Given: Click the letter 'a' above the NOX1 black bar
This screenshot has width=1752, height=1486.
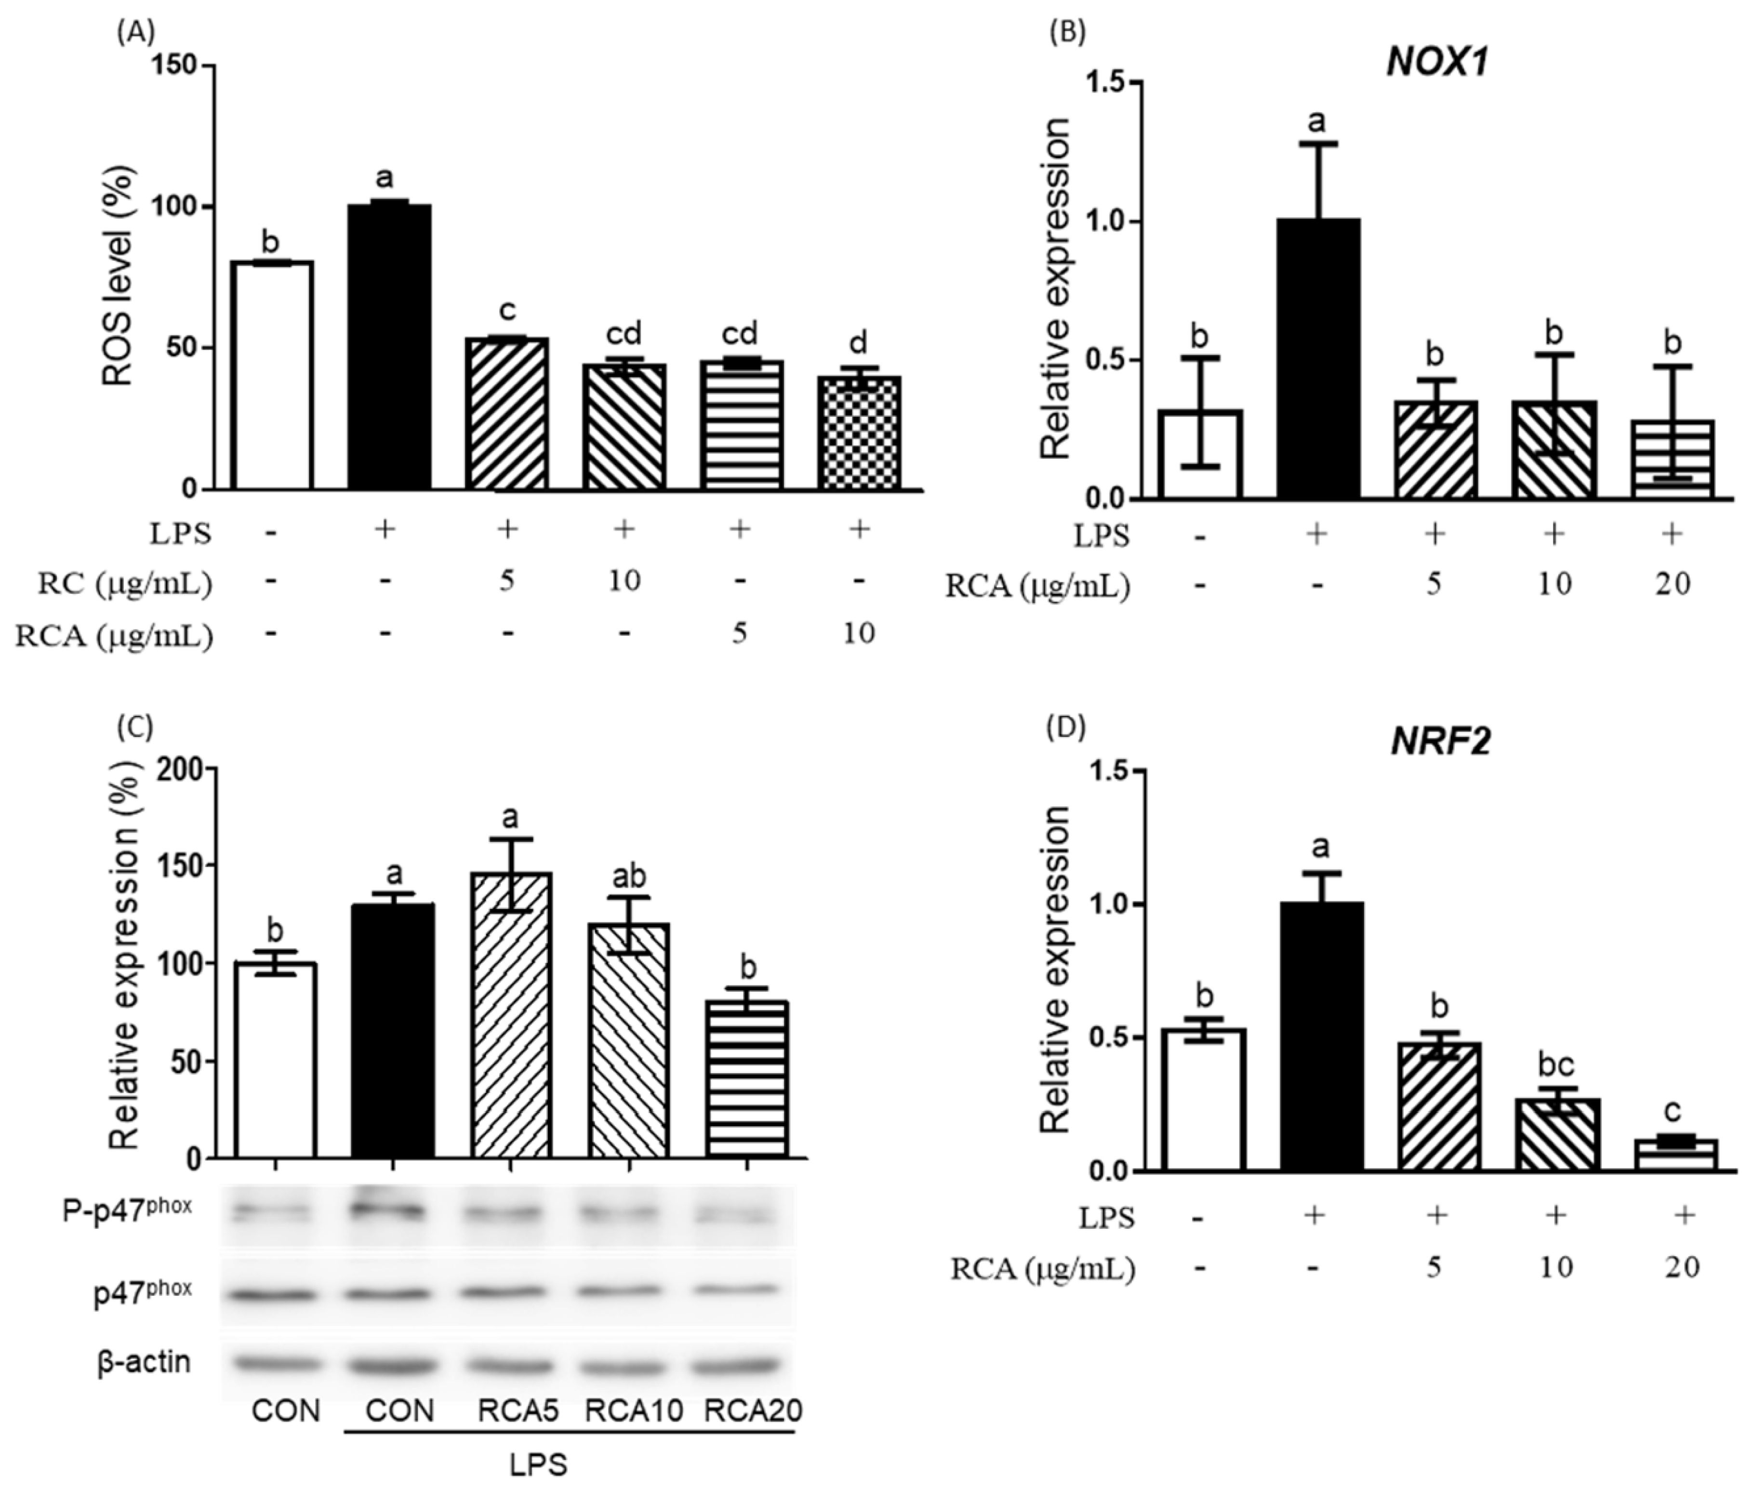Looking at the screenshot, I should tap(1316, 123).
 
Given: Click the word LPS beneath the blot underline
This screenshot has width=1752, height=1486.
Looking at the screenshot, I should tap(539, 1464).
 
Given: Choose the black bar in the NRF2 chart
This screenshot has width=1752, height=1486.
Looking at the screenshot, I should tap(1321, 1036).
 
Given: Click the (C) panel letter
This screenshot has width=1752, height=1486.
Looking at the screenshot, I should tap(135, 727).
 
